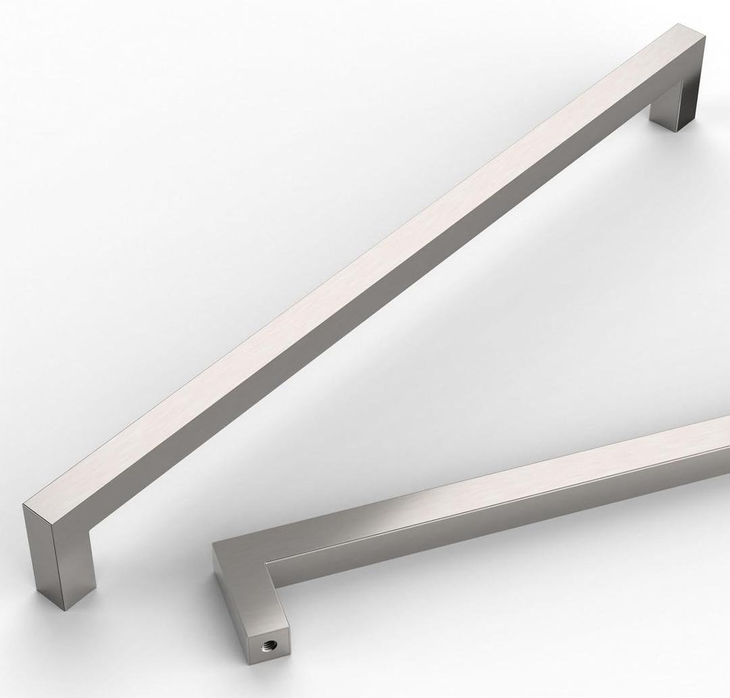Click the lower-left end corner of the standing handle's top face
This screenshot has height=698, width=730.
[24, 504]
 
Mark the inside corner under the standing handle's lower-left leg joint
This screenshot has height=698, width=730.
[91, 534]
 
